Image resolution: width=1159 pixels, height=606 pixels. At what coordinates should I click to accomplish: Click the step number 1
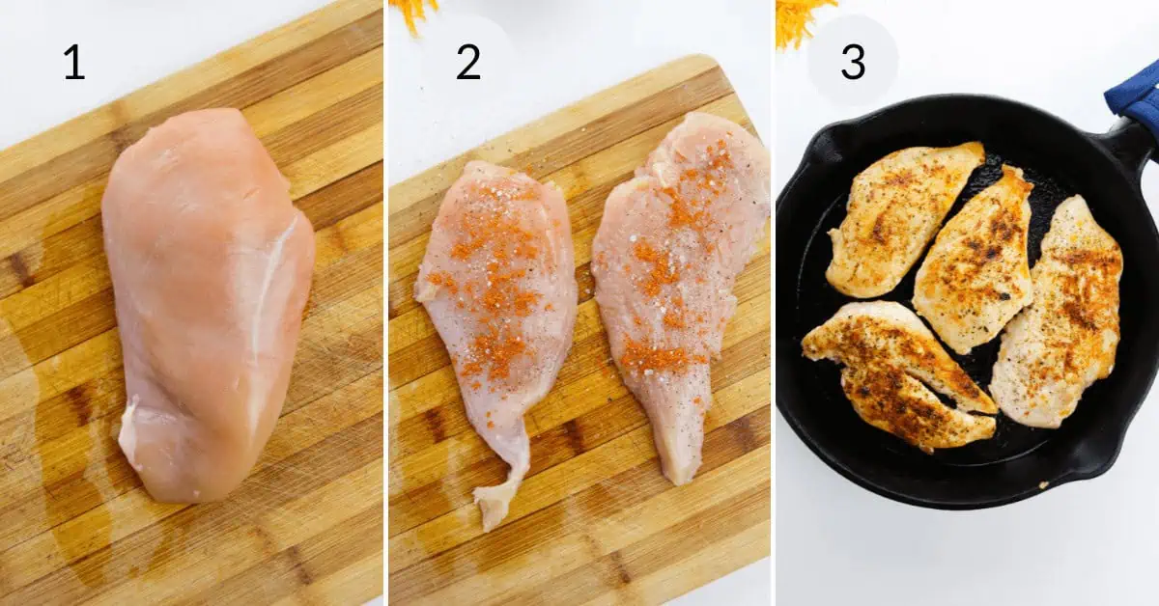pos(73,63)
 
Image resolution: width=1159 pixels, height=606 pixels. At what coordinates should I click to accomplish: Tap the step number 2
pos(467,63)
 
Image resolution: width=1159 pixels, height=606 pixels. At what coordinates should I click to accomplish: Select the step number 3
pos(853,62)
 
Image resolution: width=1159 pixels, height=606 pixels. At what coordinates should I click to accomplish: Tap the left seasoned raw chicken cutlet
pos(497,299)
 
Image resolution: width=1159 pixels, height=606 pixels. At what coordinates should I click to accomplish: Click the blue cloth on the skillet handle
pos(1135,96)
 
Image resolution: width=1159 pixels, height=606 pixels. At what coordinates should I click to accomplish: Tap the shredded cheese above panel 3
pos(802,19)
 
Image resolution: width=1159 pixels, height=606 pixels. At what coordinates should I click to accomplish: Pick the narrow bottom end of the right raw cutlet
pos(681,463)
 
